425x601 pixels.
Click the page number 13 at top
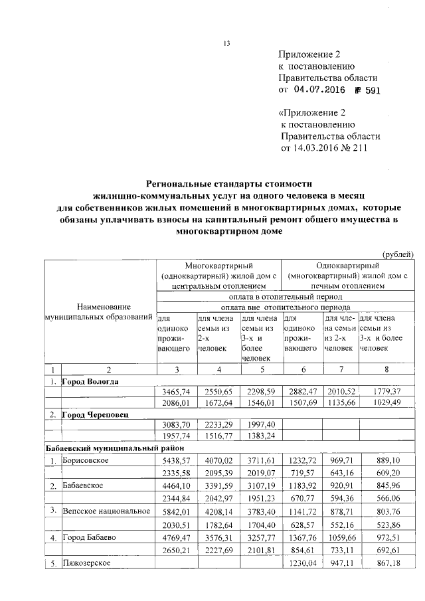click(226, 44)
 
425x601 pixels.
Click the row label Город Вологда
click(90, 382)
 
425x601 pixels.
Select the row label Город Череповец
click(95, 414)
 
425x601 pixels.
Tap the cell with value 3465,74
click(176, 392)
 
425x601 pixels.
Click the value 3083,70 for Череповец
click(176, 425)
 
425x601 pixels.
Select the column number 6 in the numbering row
click(301, 370)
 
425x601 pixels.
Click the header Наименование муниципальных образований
click(100, 312)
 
